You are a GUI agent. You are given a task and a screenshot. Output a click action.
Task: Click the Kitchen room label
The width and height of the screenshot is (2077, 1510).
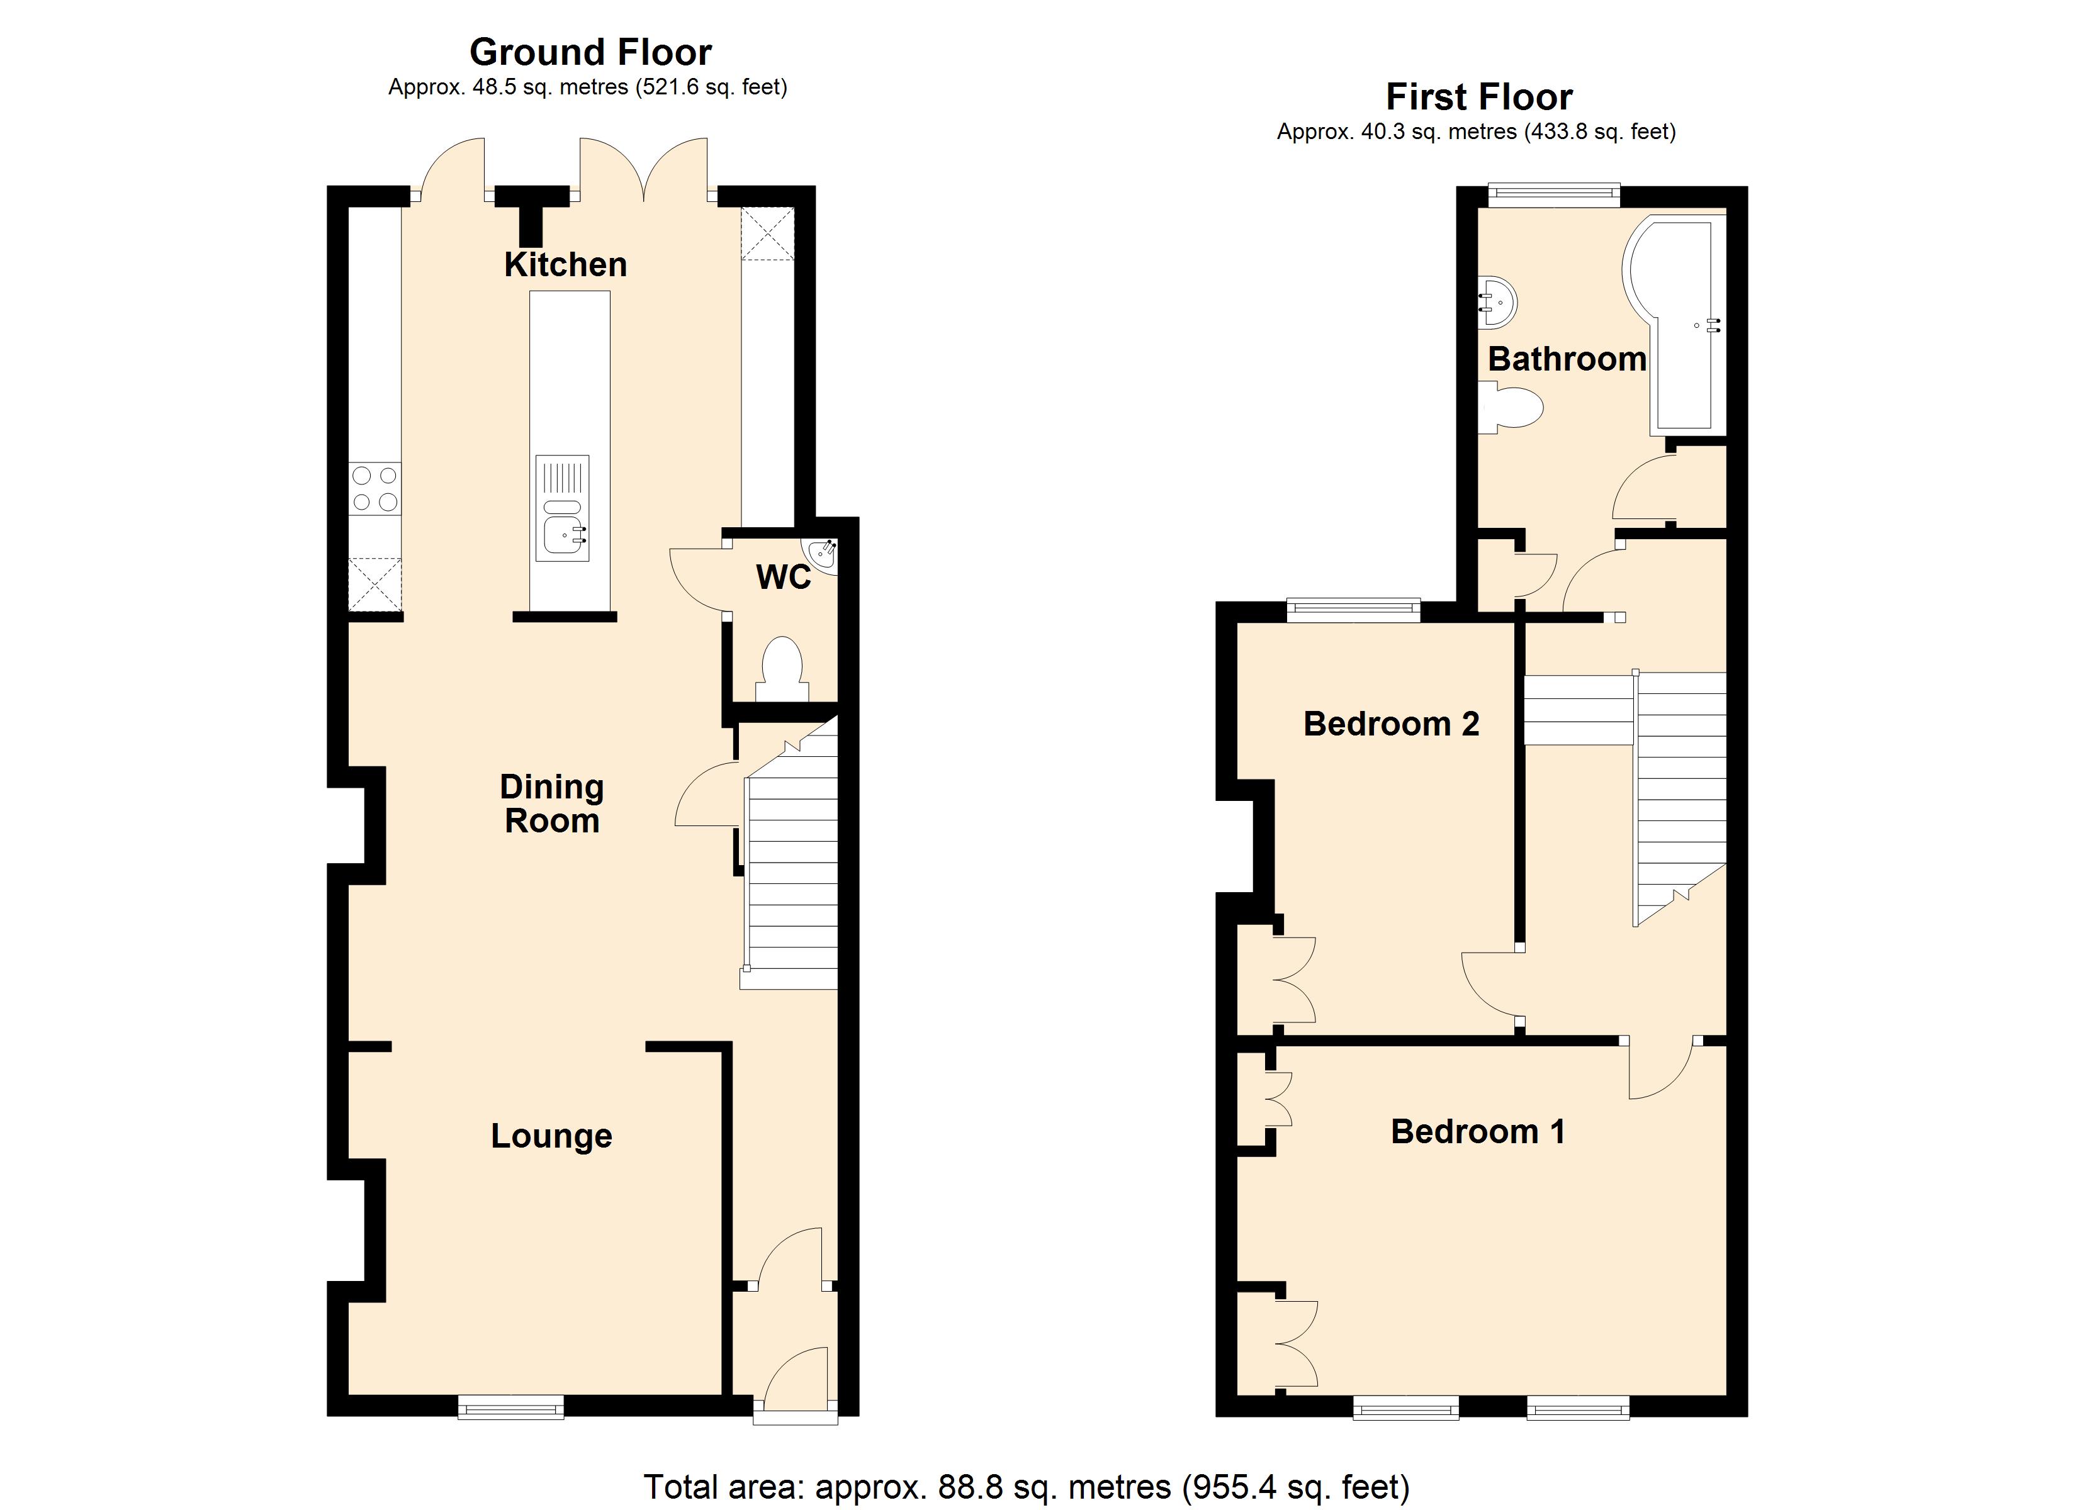(565, 265)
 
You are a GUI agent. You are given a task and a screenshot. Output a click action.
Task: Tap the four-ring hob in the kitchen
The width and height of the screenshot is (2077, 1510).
(374, 488)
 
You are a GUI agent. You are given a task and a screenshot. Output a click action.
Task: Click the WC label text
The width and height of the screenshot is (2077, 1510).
(783, 577)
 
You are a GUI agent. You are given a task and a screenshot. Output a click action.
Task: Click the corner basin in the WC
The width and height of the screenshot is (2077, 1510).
(821, 555)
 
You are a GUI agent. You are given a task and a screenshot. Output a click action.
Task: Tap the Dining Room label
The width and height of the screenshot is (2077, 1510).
(551, 803)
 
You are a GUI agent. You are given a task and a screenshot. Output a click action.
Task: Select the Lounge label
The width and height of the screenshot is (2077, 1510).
(551, 1136)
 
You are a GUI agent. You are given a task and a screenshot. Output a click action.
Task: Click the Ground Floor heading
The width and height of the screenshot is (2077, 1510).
(590, 52)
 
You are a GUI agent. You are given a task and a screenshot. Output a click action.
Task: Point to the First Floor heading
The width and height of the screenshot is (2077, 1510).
(1479, 96)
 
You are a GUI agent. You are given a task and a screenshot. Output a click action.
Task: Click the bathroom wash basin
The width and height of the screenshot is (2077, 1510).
(1498, 301)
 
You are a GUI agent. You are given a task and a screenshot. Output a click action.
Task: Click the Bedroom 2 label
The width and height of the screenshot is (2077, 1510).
(1391, 724)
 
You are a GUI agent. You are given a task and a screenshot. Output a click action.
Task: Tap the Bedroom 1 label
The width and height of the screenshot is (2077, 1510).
(1477, 1132)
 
